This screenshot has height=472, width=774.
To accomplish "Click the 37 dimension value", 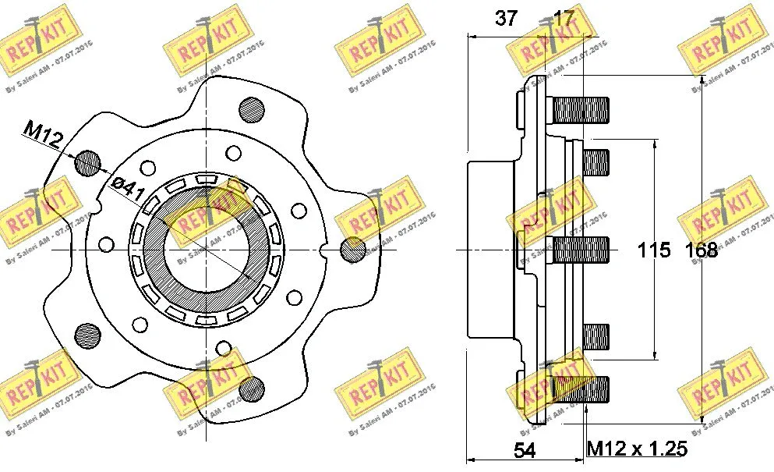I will pos(506,19).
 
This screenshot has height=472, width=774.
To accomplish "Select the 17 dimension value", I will pos(563,19).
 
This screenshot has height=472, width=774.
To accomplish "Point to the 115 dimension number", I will pos(654,250).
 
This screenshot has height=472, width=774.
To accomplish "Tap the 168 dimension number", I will pos(701,250).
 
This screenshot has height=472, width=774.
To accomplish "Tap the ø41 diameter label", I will pos(125,186).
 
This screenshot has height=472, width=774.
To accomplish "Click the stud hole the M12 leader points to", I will pos(88,162).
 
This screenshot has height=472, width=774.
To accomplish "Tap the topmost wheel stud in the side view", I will pos(581,109).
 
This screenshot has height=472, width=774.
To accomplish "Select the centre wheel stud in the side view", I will pos(581,250).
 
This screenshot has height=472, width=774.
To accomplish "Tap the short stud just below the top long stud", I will pos(596,161).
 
